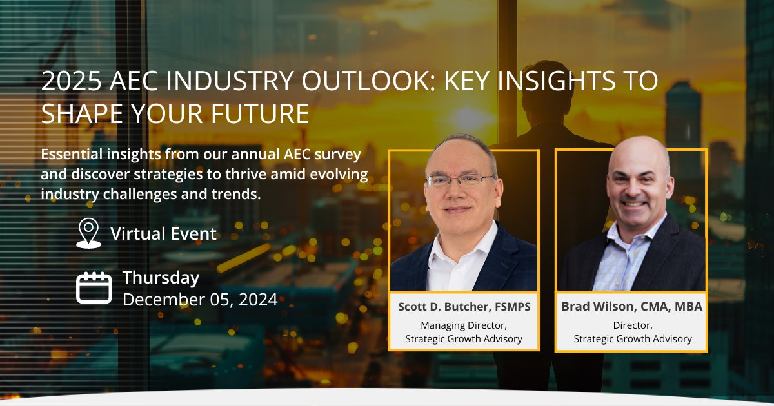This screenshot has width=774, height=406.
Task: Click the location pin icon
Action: (x=88, y=233)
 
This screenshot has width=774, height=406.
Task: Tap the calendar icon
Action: (x=94, y=287)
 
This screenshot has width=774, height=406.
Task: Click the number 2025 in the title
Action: (x=72, y=81)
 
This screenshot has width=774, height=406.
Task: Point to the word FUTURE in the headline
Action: (x=260, y=113)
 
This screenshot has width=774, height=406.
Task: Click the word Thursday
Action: (x=161, y=278)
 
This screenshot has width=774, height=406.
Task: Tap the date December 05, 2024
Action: (x=200, y=299)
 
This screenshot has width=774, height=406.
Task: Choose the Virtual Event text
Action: (x=163, y=234)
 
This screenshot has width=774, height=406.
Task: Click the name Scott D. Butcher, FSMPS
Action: (x=464, y=307)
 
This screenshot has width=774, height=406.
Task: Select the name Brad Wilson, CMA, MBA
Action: (x=631, y=307)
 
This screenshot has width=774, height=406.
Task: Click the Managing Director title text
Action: (x=464, y=325)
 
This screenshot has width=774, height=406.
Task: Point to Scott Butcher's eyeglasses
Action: (x=459, y=180)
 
